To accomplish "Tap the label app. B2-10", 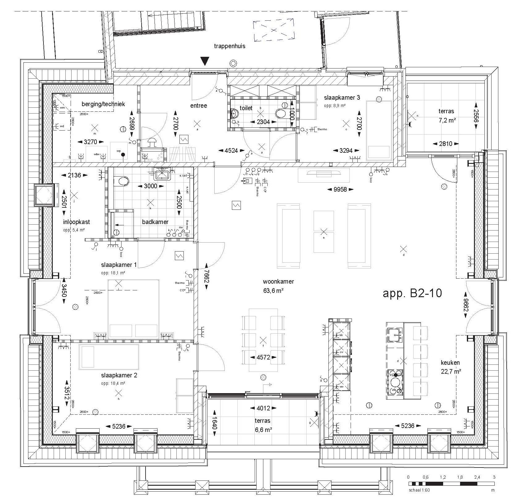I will [412, 293].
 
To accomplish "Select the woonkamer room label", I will [278, 281].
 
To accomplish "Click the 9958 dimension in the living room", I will [340, 189].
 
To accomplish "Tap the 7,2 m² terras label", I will [447, 116].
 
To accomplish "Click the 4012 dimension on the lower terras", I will [263, 409].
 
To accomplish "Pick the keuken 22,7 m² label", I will [451, 367].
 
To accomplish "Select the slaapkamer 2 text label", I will [119, 376].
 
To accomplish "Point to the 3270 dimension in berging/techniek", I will [90, 142].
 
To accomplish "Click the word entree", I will [198, 106].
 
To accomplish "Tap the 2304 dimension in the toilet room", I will [263, 122].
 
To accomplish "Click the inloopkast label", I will [76, 222].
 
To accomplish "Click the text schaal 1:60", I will [419, 490].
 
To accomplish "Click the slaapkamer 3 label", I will [342, 98].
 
